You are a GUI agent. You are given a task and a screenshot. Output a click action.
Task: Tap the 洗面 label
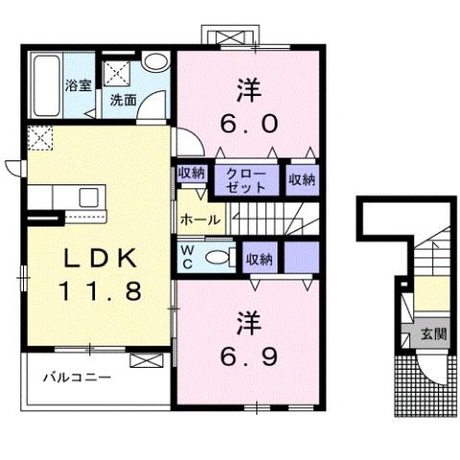pos(122,98)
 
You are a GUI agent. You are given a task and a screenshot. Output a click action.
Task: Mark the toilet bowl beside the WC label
pos(219,256)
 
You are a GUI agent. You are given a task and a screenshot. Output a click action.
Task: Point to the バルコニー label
pos(76,377)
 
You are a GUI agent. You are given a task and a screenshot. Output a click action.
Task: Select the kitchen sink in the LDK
pos(87,199)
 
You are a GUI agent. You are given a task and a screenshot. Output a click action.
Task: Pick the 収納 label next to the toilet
pos(257,257)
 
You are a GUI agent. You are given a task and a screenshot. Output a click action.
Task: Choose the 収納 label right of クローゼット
pos(301,179)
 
